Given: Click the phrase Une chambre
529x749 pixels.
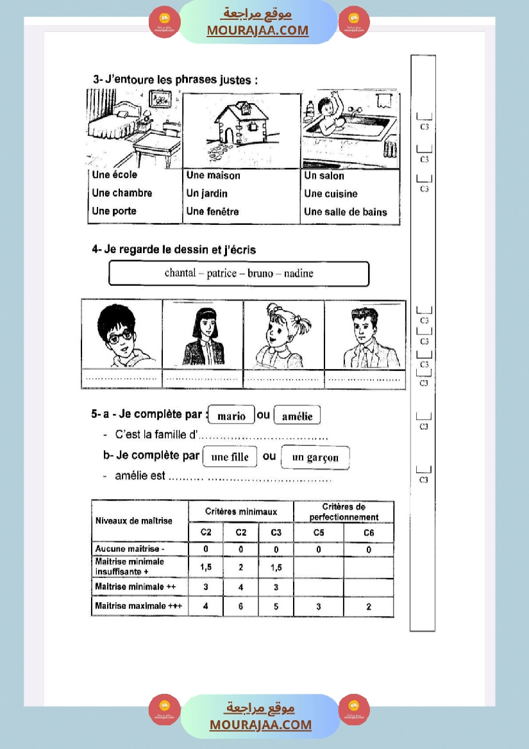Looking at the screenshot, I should point(122,193).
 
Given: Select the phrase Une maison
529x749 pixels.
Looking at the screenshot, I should point(214,176).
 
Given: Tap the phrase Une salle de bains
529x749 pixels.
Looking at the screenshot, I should point(346,212).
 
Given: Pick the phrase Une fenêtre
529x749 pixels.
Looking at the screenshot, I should point(212,211).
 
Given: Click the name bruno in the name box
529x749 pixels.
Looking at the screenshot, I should point(260,274).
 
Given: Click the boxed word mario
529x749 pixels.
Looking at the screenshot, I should point(231,416).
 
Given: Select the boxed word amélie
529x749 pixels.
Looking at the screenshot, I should point(297,416).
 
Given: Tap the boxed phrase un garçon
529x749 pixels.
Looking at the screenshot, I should point(315,457).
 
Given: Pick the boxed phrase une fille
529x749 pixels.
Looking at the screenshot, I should point(230,457).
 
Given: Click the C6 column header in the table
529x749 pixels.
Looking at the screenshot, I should point(369,533).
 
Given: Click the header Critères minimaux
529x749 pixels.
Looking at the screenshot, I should point(241,512).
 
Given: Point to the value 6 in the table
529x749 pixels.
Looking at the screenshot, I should point(240,606).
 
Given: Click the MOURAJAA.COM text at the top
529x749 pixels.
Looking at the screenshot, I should point(258,30).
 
